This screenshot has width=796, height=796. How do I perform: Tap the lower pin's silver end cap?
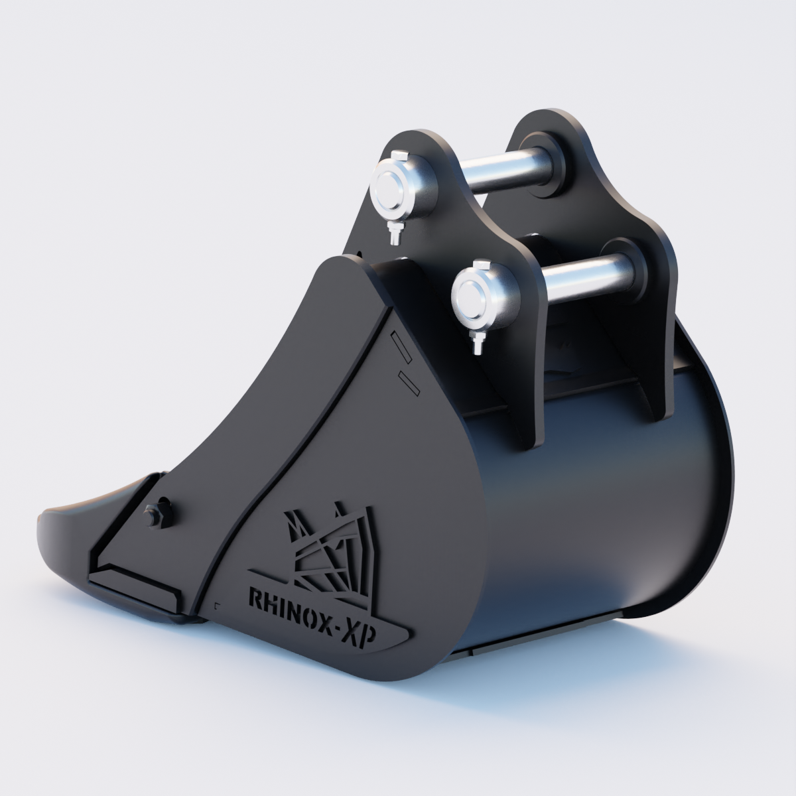click(x=473, y=295)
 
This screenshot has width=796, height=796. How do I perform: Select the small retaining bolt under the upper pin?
click(x=395, y=234)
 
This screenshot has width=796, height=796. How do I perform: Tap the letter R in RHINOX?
click(x=255, y=599)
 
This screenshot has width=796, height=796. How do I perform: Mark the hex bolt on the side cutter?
click(x=152, y=513)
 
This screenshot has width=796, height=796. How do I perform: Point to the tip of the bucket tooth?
click(x=43, y=524)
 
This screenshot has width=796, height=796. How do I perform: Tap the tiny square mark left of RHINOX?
click(x=217, y=604)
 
